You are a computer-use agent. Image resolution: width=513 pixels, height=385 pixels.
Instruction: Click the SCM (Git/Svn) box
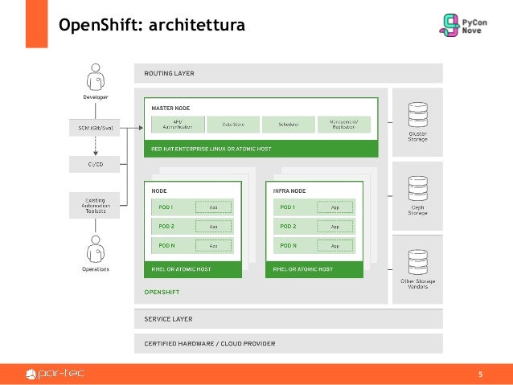pyautogui.click(x=96, y=126)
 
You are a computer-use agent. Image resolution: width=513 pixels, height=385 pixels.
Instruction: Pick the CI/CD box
pyautogui.click(x=96, y=163)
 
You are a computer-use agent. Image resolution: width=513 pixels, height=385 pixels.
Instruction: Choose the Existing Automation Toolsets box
pyautogui.click(x=96, y=203)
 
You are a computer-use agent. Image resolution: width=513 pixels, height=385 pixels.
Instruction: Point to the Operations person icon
pyautogui.click(x=96, y=248)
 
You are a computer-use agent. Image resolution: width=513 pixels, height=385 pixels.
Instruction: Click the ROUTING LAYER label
pyautogui.click(x=169, y=73)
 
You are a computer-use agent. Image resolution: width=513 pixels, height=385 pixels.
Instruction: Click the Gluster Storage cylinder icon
pyautogui.click(x=417, y=113)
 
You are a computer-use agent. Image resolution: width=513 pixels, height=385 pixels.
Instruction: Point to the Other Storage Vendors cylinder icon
pyautogui.click(x=417, y=261)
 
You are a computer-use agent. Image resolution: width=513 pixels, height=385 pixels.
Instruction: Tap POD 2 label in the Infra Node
pyautogui.click(x=288, y=226)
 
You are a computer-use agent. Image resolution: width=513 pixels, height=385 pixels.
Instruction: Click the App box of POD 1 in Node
pyautogui.click(x=213, y=207)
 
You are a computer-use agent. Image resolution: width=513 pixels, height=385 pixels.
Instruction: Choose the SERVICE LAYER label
pyautogui.click(x=168, y=319)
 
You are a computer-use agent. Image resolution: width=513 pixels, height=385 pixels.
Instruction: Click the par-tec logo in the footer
pyautogui.click(x=55, y=373)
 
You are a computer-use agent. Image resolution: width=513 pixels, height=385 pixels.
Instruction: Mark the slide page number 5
pyautogui.click(x=481, y=374)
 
